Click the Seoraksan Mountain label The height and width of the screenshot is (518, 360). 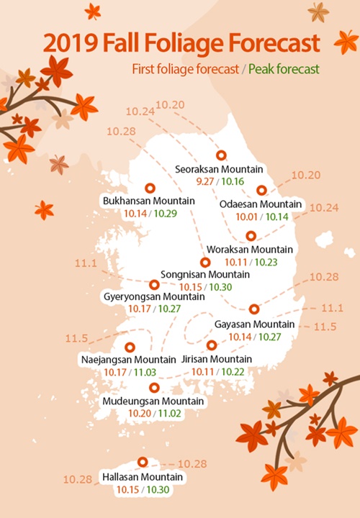point(218,169)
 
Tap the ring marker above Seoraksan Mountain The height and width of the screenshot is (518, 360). point(221,155)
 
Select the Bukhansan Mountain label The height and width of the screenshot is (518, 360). point(150,201)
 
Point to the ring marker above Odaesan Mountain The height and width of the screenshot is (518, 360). point(262,190)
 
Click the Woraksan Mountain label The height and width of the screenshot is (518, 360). point(250,250)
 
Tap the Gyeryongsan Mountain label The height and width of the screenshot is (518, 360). point(154,296)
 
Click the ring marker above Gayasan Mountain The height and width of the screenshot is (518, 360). point(253,309)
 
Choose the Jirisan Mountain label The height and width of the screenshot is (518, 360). point(217,359)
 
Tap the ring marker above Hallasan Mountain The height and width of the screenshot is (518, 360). point(143,463)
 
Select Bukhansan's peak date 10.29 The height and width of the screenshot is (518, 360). point(164,213)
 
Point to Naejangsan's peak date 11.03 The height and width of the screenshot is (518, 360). point(144,372)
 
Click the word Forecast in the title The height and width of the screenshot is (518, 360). point(275,43)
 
